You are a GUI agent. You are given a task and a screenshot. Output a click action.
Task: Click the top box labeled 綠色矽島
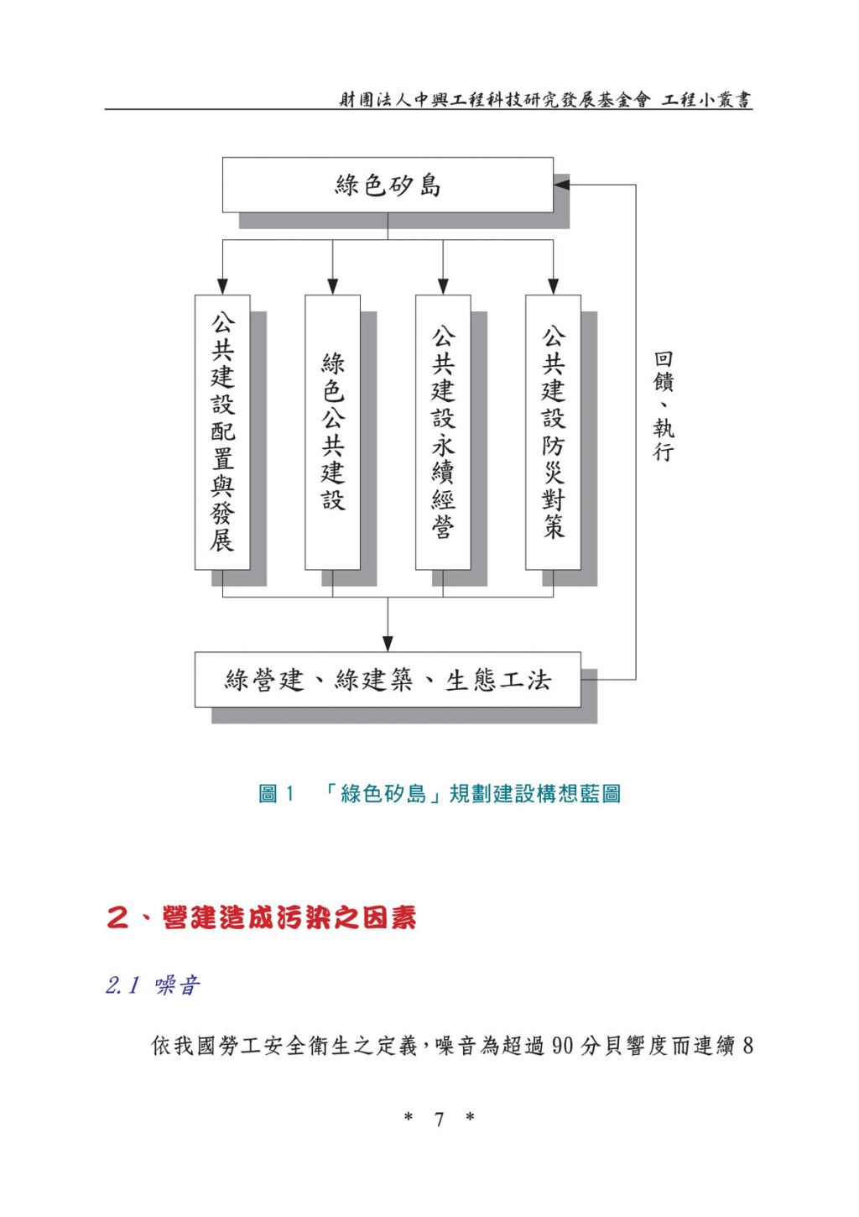tap(388, 185)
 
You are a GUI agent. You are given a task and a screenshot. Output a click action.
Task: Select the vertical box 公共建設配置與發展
tap(222, 432)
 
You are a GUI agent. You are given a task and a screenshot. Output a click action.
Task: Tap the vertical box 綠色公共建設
tap(332, 432)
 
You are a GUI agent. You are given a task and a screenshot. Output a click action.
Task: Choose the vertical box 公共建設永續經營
tap(443, 432)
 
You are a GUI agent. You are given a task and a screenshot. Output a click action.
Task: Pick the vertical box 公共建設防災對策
tap(553, 432)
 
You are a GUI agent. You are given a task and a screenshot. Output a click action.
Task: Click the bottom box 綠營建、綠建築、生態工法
tap(388, 679)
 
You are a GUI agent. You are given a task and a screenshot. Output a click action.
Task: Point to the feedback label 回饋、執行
tap(664, 406)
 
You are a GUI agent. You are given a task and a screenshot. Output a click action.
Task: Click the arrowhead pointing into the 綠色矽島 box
tap(561, 185)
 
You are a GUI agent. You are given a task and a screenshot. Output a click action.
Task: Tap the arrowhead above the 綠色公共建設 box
tap(332, 287)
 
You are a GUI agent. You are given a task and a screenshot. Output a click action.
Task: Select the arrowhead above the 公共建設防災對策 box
tap(553, 287)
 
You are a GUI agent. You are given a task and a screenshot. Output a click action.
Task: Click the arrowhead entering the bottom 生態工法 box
tap(388, 644)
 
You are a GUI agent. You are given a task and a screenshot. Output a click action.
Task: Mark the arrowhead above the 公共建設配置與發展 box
tap(222, 287)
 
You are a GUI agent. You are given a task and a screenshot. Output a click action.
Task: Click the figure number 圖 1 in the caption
tap(276, 794)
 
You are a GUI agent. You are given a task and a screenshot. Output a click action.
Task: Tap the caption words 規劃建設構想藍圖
tap(535, 794)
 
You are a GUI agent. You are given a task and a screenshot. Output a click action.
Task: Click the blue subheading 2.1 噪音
tap(153, 985)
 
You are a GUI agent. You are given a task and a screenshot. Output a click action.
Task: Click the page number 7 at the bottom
tap(439, 1119)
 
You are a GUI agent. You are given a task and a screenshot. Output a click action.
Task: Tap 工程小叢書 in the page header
tap(706, 99)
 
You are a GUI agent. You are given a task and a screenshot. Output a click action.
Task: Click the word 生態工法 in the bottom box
tap(498, 680)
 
